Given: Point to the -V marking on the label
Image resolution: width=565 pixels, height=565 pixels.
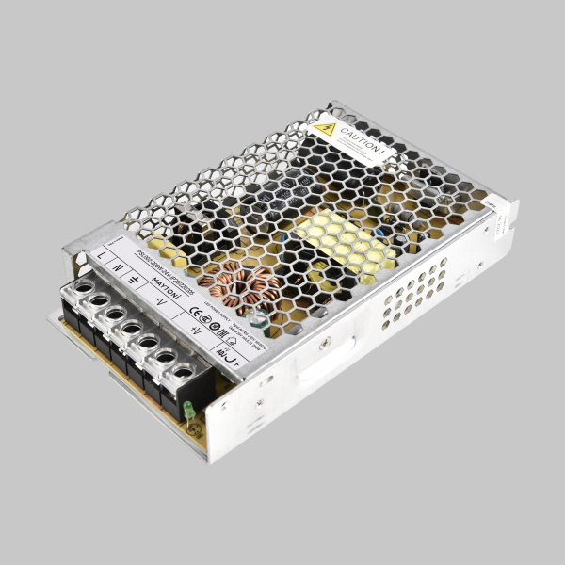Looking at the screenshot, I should [161, 299].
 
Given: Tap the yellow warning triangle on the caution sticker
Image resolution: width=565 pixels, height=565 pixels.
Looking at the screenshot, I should [326, 129].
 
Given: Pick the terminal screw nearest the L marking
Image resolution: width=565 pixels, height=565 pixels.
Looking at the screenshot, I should [84, 287].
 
